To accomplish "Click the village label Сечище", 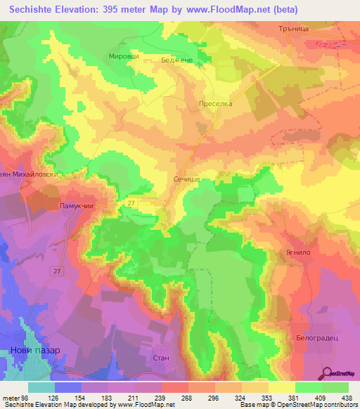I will click(x=187, y=180).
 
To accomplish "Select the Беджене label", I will click(x=178, y=61).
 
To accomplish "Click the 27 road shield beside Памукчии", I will click(x=131, y=203).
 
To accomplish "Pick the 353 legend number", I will click(x=266, y=398).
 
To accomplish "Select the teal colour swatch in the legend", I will click(x=41, y=387).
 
